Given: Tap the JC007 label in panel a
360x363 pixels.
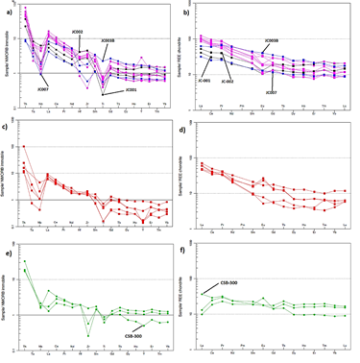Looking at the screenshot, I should [x=41, y=88].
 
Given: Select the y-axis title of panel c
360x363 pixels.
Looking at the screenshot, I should [x=5, y=178].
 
